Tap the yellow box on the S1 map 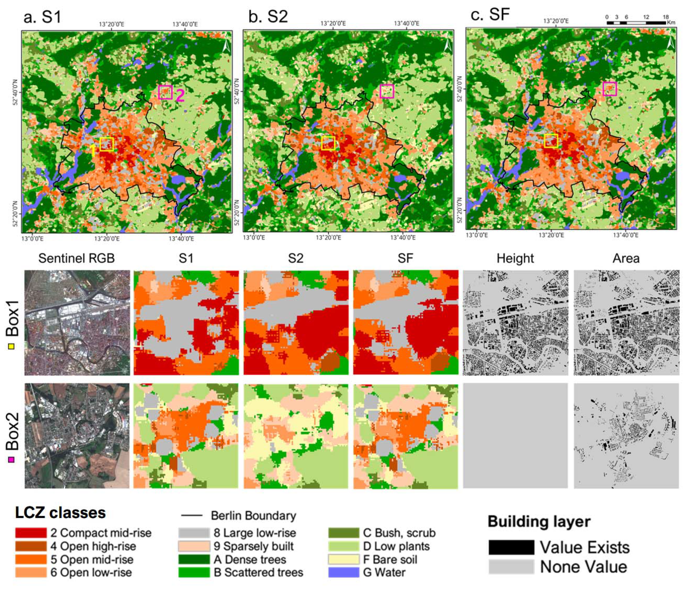click(x=107, y=144)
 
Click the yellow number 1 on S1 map click(x=93, y=151)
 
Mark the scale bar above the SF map click(x=636, y=23)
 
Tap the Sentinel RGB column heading click(x=77, y=258)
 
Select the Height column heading click(x=515, y=258)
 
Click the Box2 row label click(x=13, y=431)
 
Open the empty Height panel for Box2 click(x=515, y=435)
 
